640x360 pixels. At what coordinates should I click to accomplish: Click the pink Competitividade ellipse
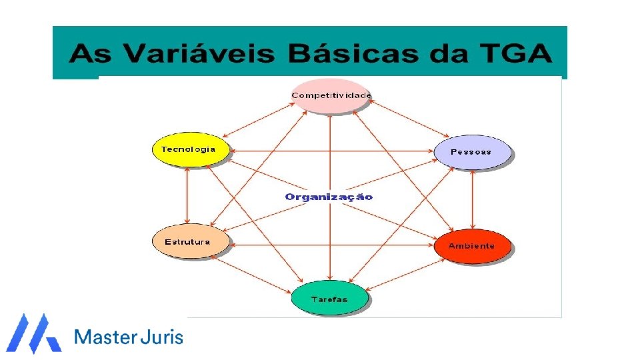(x=331, y=96)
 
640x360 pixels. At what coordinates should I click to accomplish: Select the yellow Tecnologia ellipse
(x=189, y=149)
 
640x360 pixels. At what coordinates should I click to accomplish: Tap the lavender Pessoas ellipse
(x=472, y=151)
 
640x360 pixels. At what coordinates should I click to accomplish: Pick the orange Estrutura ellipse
(x=189, y=241)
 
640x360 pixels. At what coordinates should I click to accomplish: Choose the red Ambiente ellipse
(x=472, y=245)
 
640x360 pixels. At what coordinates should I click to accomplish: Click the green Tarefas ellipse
(x=329, y=299)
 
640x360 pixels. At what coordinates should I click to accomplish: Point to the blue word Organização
(x=329, y=197)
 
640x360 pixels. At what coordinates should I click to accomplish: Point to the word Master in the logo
(x=105, y=337)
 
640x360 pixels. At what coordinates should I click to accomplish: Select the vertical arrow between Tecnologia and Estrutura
(x=188, y=195)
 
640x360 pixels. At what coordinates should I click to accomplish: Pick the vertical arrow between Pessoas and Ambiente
(x=473, y=199)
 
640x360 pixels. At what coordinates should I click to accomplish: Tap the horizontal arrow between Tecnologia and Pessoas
(x=331, y=151)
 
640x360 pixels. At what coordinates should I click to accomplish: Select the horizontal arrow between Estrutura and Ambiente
(x=331, y=245)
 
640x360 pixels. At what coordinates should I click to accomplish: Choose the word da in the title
(x=451, y=54)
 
